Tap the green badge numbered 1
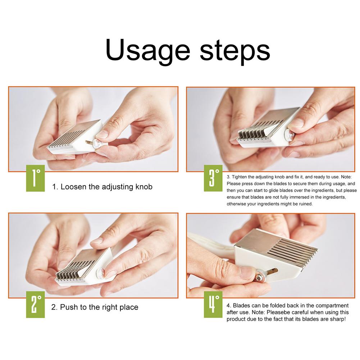(x=35, y=178)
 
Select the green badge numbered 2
(x=35, y=305)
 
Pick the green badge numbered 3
(x=213, y=178)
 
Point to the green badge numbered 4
(x=213, y=305)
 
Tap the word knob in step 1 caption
(x=144, y=187)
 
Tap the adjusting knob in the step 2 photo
(x=100, y=273)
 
